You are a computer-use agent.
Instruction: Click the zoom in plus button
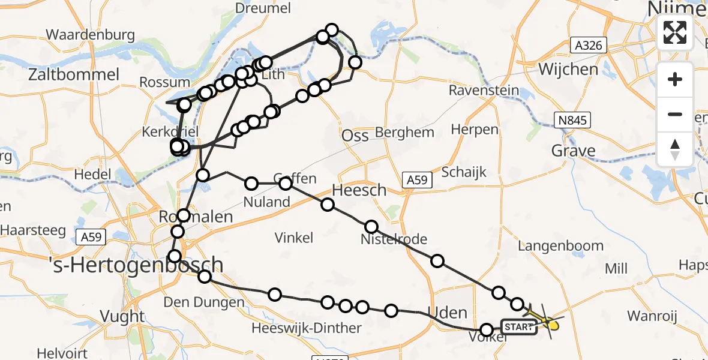coord(675,79)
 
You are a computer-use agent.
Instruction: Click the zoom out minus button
coord(675,114)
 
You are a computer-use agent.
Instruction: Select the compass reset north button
coord(675,149)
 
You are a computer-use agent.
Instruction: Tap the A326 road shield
coord(589,45)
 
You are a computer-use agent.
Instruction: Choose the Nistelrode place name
coord(394,239)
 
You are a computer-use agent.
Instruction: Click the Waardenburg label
coord(90,34)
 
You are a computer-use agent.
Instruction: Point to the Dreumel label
coord(263,8)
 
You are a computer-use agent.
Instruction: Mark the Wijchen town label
coord(568,69)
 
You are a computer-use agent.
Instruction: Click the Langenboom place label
coord(561,245)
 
